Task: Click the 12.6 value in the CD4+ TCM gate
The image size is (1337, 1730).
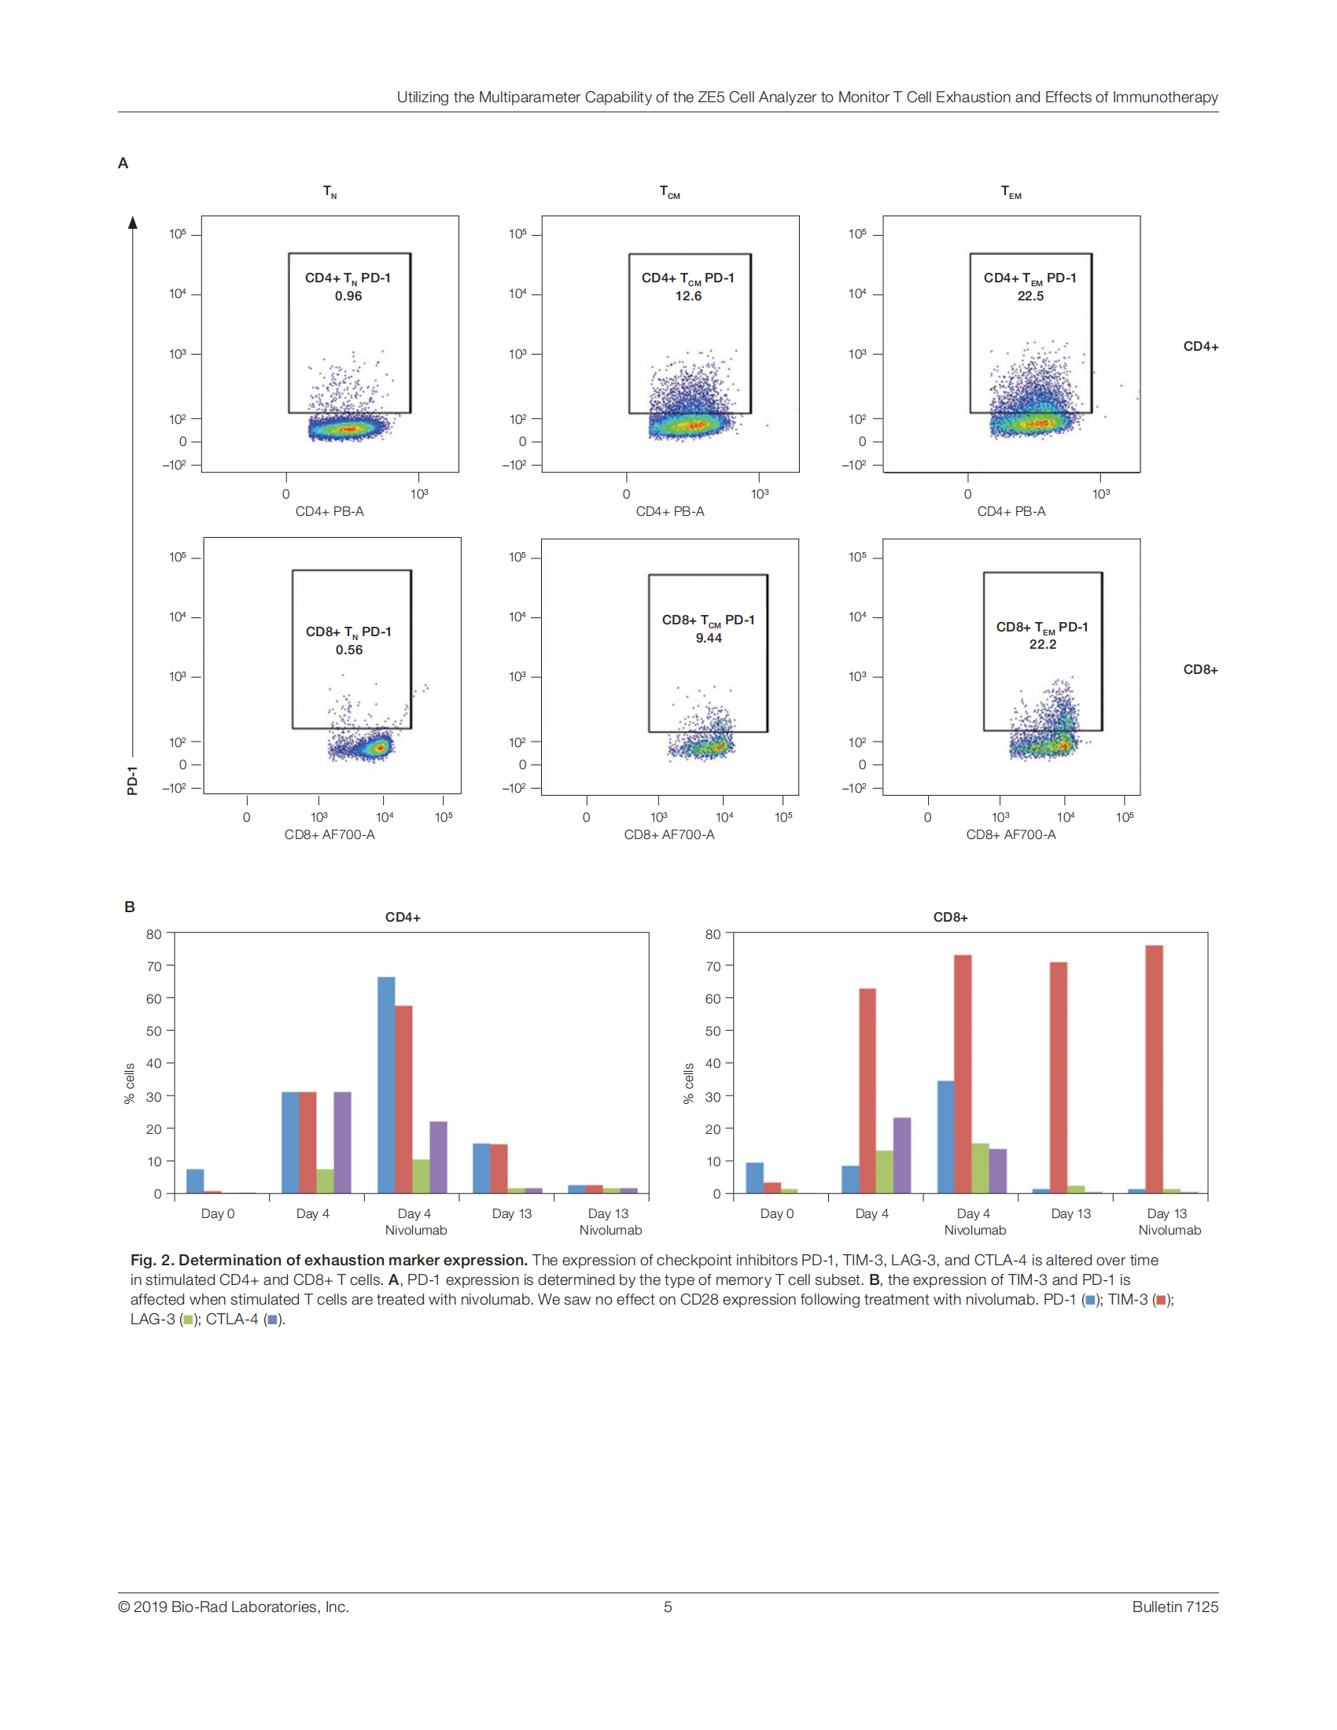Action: point(687,296)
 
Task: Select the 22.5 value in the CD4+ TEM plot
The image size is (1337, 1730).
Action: point(1030,296)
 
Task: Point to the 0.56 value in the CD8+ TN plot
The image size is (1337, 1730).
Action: point(348,650)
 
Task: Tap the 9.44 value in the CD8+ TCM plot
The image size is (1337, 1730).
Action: point(708,639)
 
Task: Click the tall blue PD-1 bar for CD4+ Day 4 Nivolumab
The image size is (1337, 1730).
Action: point(385,1085)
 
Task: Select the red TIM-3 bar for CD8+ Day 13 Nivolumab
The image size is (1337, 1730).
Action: point(1154,1069)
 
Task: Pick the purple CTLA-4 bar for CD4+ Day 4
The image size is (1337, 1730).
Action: point(342,1143)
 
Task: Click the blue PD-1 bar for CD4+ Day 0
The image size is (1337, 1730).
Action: point(195,1181)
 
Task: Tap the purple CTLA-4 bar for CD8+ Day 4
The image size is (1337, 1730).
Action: point(901,1156)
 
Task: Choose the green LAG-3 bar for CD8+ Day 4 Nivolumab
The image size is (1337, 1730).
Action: point(980,1169)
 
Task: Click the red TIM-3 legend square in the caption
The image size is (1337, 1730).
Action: point(1161,1300)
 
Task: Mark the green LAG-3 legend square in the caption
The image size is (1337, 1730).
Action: point(188,1320)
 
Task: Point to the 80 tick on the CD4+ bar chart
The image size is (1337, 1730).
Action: point(153,935)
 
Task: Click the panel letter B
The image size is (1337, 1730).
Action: point(130,907)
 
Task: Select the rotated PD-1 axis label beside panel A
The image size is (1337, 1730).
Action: point(132,780)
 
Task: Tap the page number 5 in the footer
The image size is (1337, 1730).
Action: point(668,1607)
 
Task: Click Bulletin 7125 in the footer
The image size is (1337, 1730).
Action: point(1175,1607)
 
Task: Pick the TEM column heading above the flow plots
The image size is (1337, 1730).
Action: point(1011,192)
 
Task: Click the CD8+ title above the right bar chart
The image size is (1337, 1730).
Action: point(951,917)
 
